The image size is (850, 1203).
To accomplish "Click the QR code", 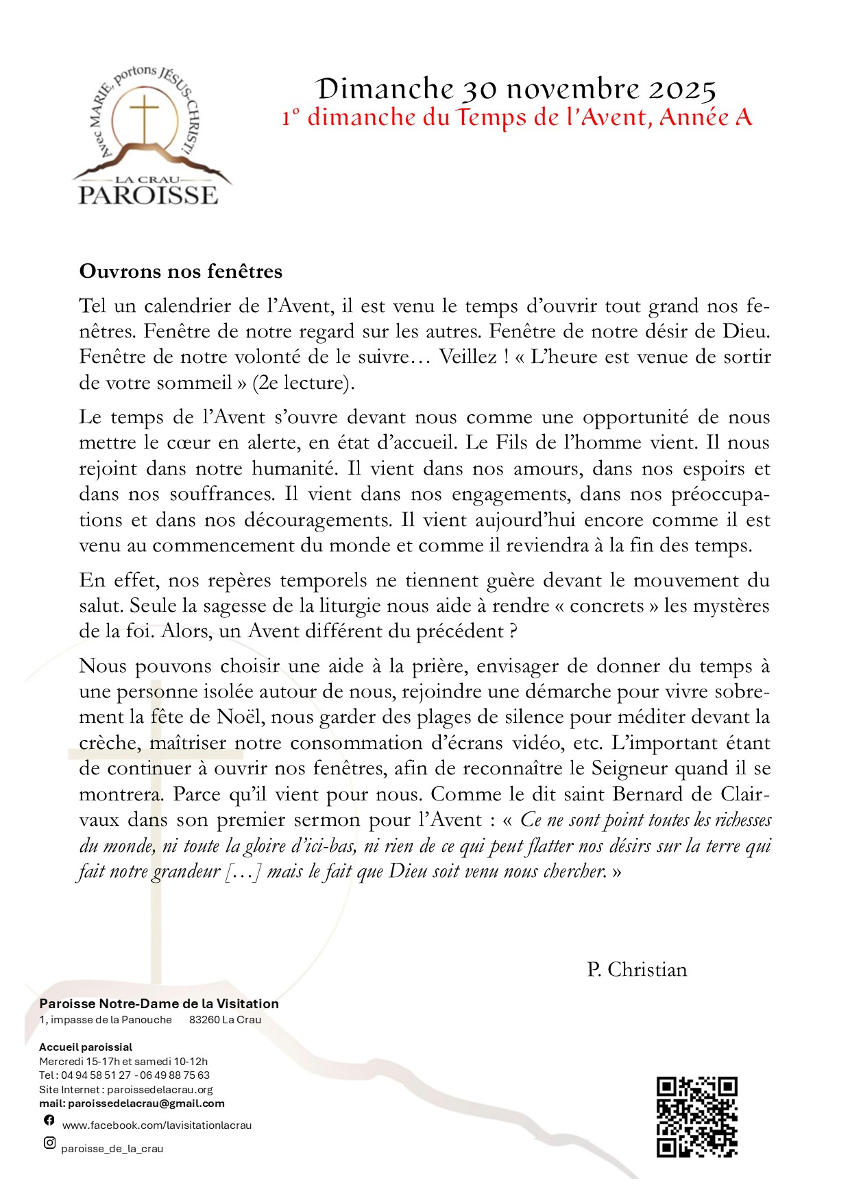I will (x=696, y=1117).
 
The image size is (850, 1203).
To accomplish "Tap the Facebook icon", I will (x=49, y=1119).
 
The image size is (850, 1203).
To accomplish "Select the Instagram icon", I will (x=49, y=1143).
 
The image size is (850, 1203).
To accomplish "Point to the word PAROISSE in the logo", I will (x=148, y=195).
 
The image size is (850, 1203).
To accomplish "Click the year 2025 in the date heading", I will (x=682, y=90).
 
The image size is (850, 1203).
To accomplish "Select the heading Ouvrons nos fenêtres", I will (x=181, y=272).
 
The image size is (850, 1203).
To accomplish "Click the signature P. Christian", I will (x=637, y=970).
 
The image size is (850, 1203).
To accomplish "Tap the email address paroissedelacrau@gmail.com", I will (x=146, y=1104).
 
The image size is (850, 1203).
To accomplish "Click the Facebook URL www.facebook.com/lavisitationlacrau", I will (x=157, y=1125).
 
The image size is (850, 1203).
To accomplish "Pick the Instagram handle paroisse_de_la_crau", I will (x=112, y=1149).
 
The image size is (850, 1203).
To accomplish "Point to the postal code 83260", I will (x=204, y=1020).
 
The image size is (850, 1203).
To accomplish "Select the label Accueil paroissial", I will (x=86, y=1047).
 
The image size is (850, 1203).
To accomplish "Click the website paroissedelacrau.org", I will (x=160, y=1089).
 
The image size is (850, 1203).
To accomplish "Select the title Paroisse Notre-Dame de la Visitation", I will (x=159, y=1003).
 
